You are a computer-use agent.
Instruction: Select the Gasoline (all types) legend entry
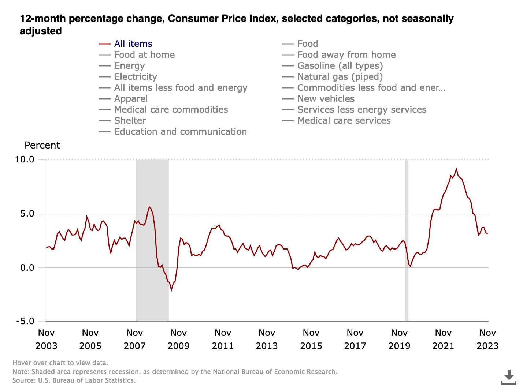340,66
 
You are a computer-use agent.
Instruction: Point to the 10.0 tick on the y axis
25,160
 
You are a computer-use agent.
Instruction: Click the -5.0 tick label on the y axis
25,321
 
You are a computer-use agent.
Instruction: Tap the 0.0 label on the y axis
27,267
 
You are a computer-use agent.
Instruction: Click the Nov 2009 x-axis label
179,339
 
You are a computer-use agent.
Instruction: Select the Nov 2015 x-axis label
311,339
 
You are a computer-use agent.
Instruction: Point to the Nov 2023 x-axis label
487,339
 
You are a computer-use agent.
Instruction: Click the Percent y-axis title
42,145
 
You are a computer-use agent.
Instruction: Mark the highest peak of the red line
456,169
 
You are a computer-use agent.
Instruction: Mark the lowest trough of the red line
171,290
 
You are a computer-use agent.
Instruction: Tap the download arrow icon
508,377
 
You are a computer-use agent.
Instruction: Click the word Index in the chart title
262,19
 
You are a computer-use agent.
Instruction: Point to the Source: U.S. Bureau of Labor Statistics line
74,380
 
